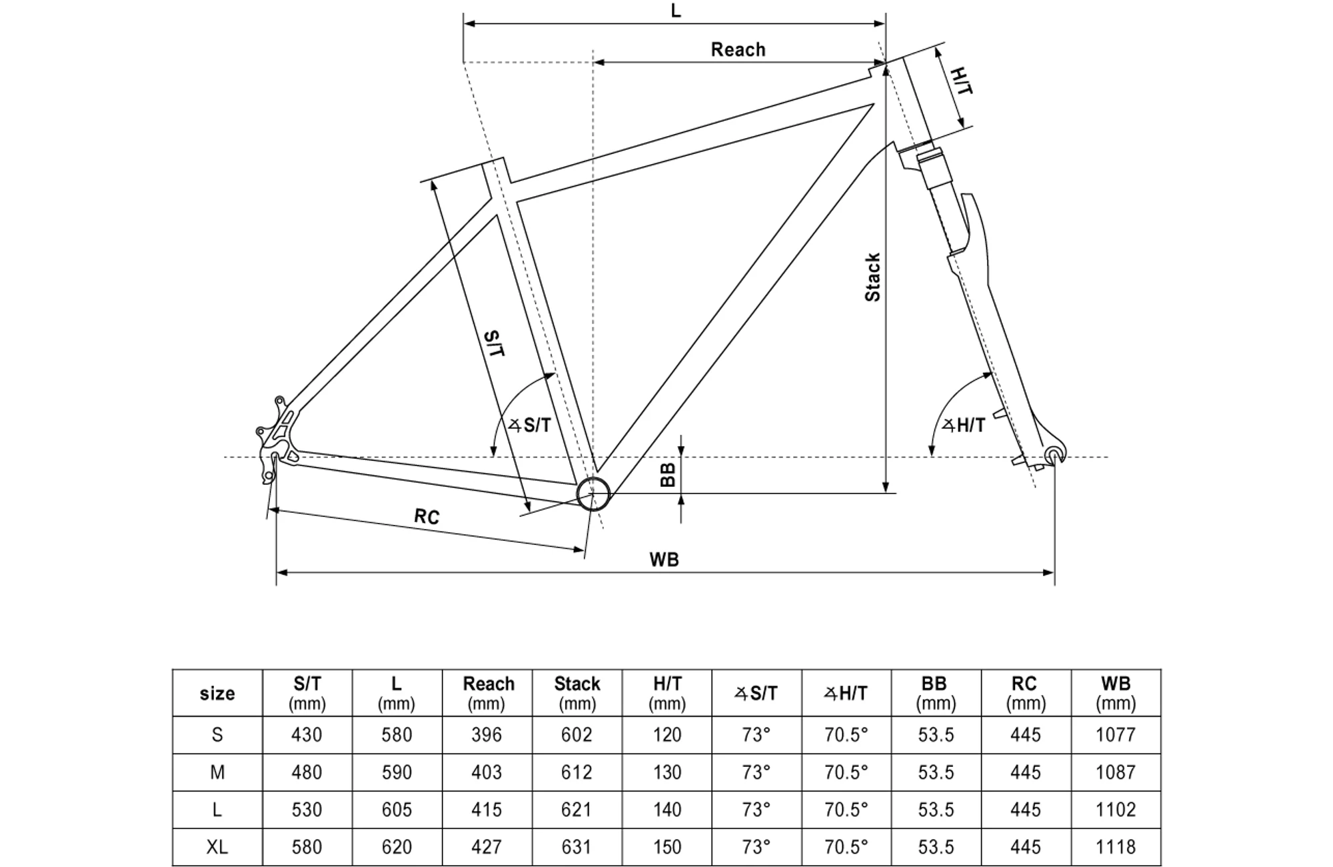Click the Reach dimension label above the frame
(738, 49)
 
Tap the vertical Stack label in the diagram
(872, 277)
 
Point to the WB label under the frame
(664, 560)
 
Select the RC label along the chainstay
(427, 517)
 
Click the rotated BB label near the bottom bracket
(668, 475)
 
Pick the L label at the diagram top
(676, 11)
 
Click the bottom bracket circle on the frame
(593, 494)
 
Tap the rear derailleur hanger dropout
(275, 440)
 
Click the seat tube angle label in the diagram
(531, 425)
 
